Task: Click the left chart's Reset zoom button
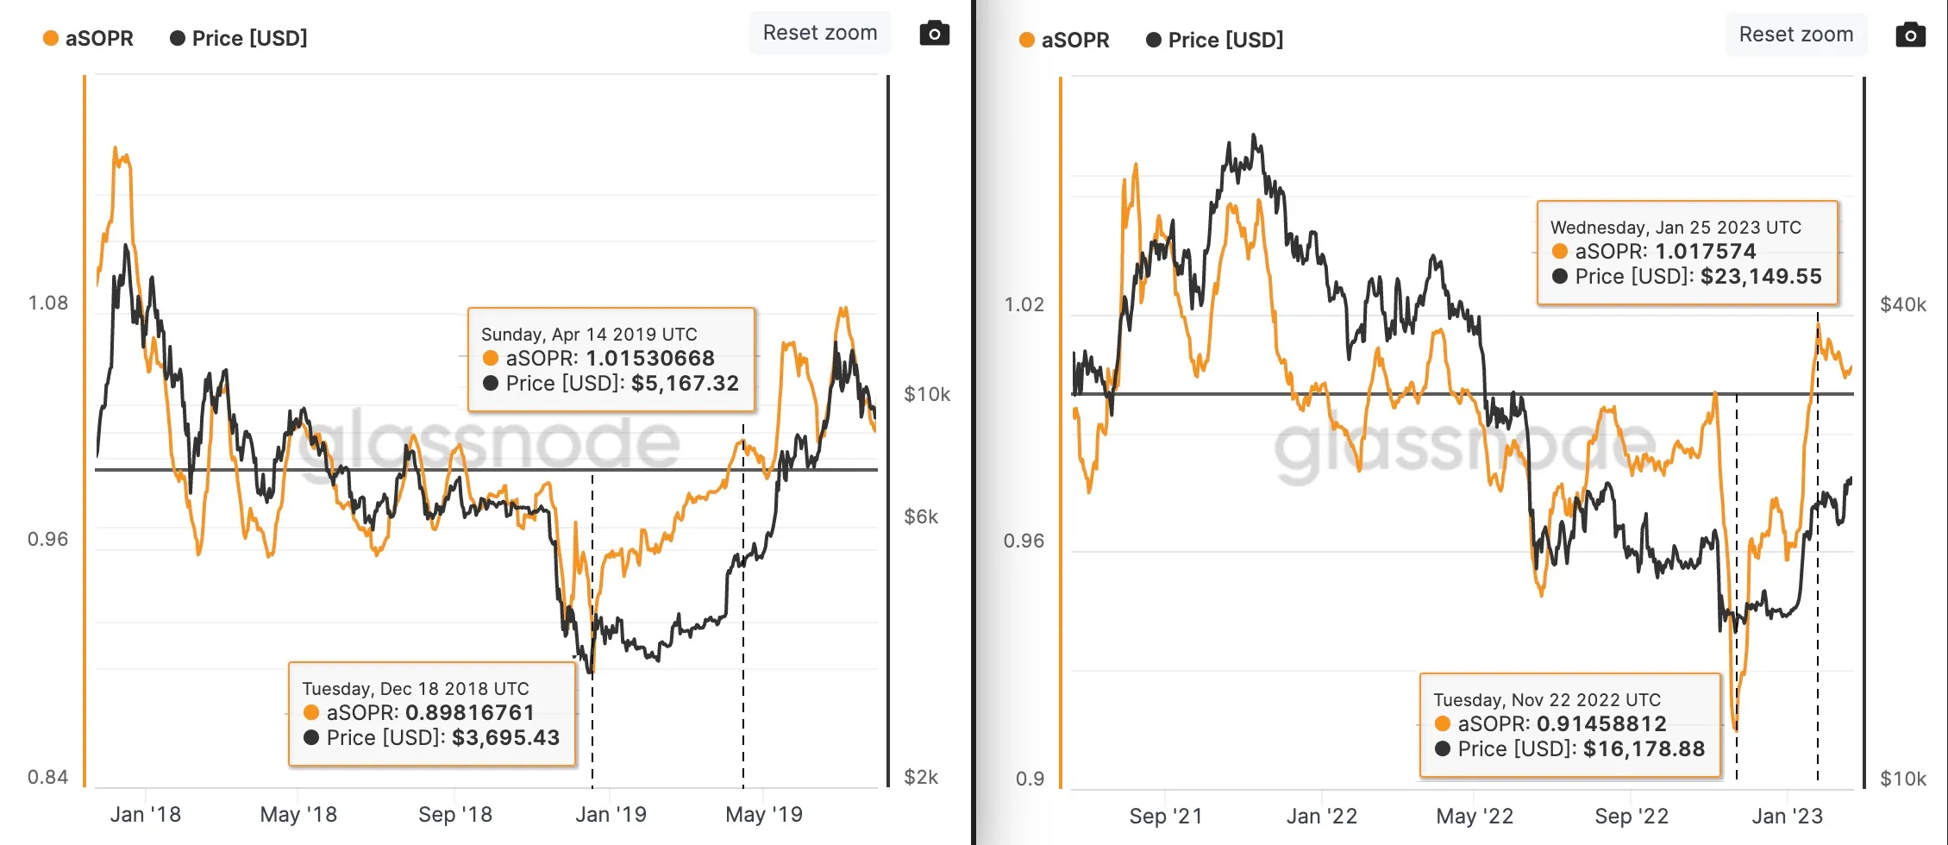pyautogui.click(x=819, y=33)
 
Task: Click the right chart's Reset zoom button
pyautogui.click(x=1795, y=34)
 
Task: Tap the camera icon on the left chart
pyautogui.click(x=934, y=34)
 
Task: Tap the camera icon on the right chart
pyautogui.click(x=1910, y=35)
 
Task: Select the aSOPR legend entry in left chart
pyautogui.click(x=89, y=39)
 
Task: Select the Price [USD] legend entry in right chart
pyautogui.click(x=1215, y=41)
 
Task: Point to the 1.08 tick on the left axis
pyautogui.click(x=47, y=304)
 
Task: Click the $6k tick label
pyautogui.click(x=920, y=516)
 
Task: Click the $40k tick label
pyautogui.click(x=1902, y=304)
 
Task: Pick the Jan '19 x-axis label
pyautogui.click(x=611, y=815)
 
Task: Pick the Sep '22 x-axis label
pyautogui.click(x=1631, y=817)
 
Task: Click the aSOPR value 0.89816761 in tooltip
pyautogui.click(x=469, y=713)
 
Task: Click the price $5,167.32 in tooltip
pyautogui.click(x=685, y=384)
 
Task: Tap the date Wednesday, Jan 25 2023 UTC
pyautogui.click(x=1675, y=228)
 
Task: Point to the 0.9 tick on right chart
pyautogui.click(x=1030, y=779)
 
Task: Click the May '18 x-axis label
pyautogui.click(x=298, y=815)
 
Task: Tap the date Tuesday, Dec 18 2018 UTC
pyautogui.click(x=415, y=689)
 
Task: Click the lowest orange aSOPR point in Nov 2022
pyautogui.click(x=1735, y=729)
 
